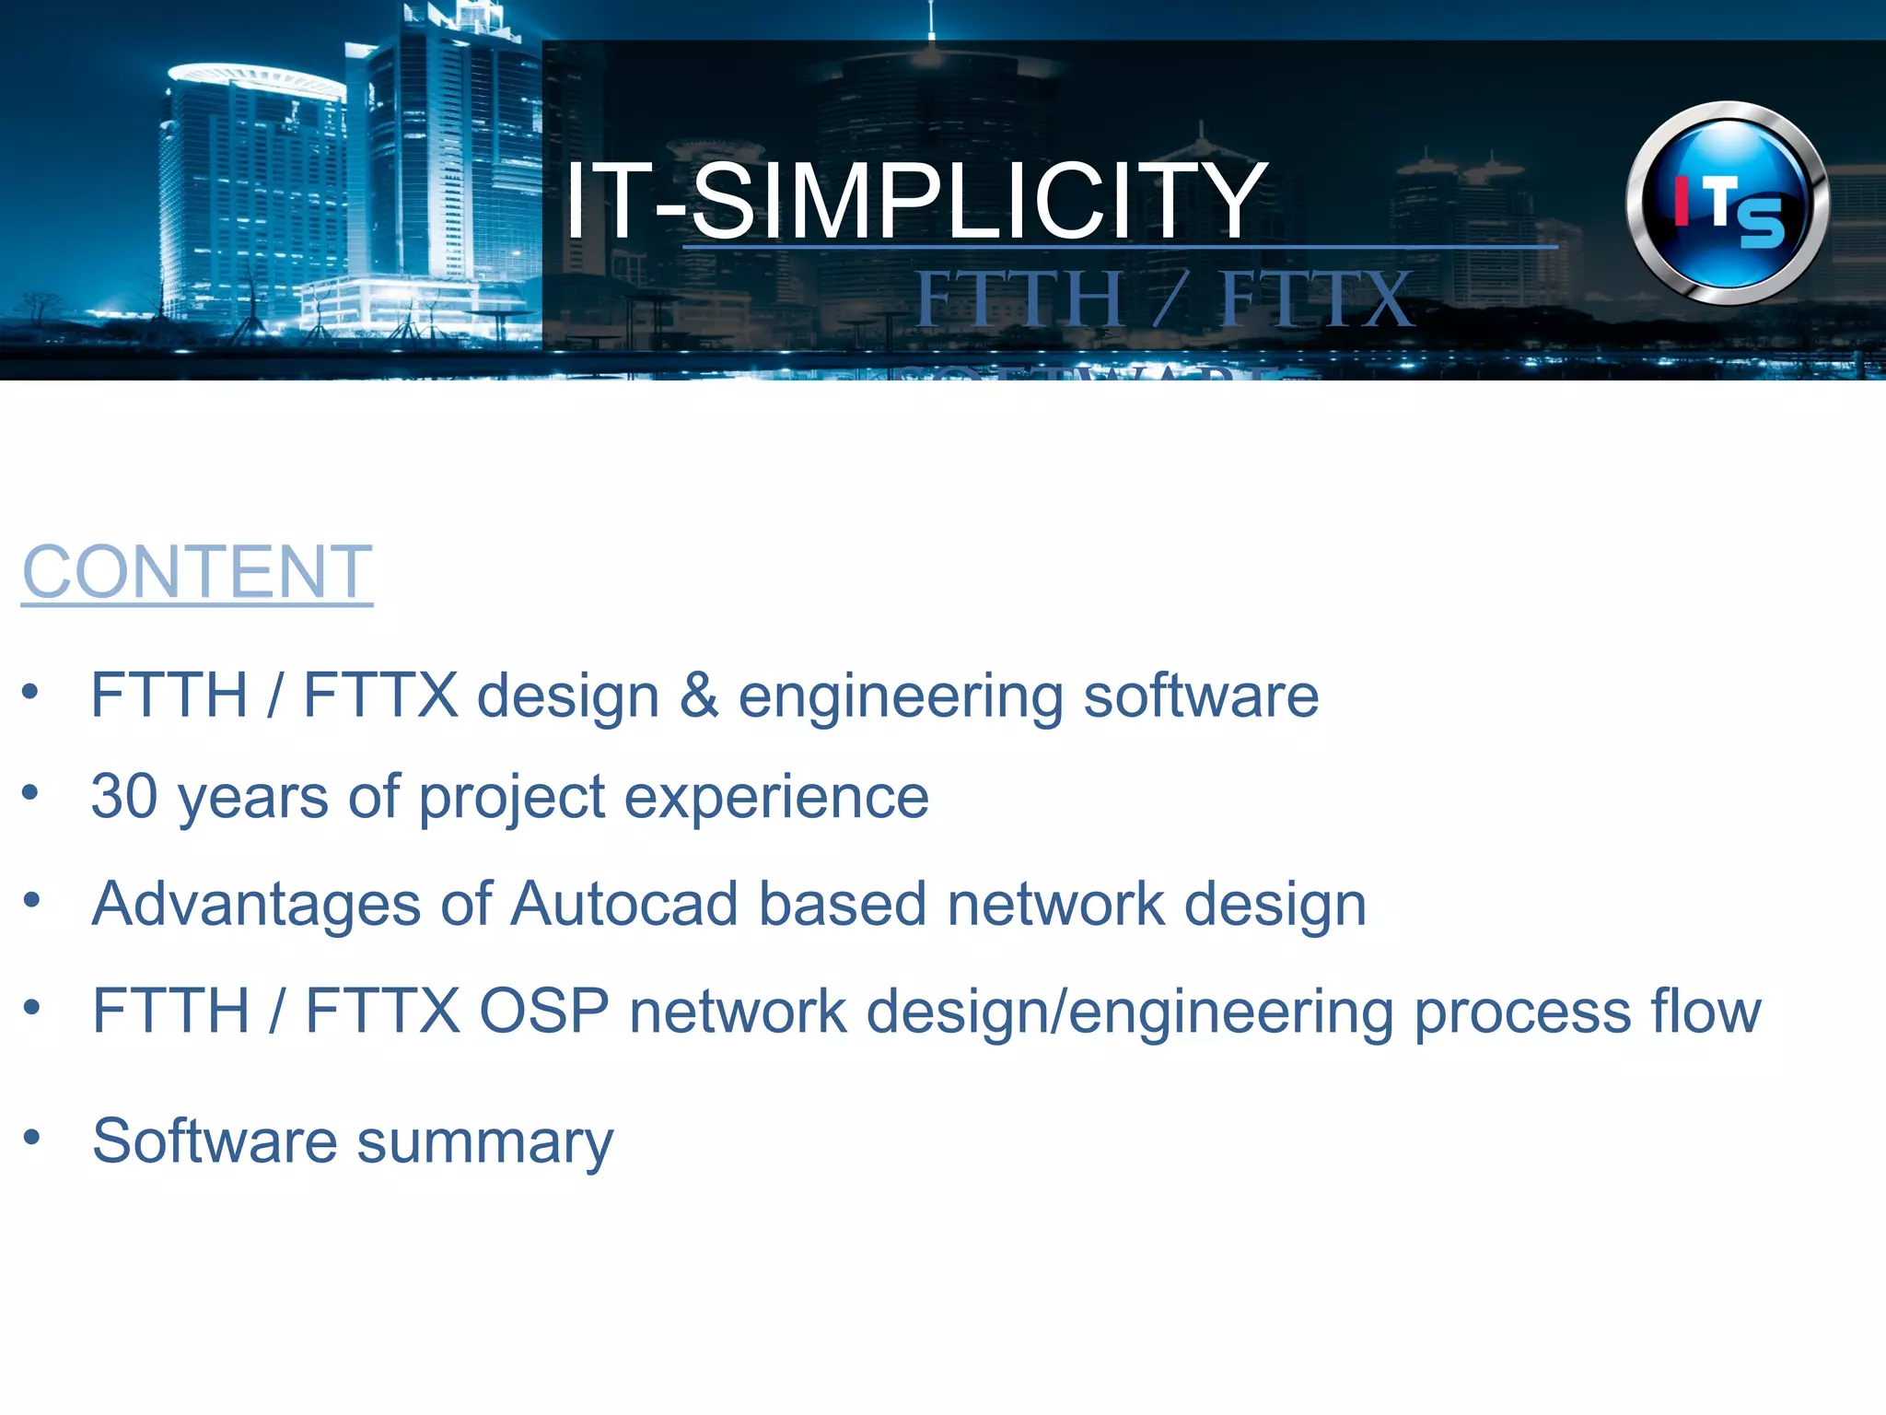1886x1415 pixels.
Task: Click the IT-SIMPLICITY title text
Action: pos(915,200)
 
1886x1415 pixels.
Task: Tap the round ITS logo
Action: pos(1728,204)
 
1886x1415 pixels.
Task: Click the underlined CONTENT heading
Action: pos(197,572)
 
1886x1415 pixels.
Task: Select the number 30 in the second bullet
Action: pos(124,796)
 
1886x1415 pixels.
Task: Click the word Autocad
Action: pos(624,904)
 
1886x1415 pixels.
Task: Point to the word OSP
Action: pos(544,1012)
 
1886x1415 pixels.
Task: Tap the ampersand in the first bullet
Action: pos(698,696)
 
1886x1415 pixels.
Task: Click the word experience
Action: pos(776,797)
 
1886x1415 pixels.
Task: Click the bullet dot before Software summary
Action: pos(32,1137)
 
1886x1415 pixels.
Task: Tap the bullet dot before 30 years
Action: pos(31,792)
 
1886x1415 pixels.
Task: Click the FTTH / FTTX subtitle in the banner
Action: pos(1164,299)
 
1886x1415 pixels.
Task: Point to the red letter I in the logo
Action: pos(1682,200)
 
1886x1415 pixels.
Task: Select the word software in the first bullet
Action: pos(1201,696)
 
